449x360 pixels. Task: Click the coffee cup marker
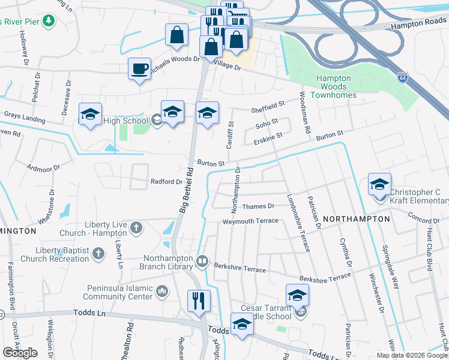coord(139,68)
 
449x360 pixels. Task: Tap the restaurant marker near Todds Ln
coord(199,300)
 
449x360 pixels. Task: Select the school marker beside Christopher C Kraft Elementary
coord(379,184)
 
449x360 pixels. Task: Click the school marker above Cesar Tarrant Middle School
coord(297,295)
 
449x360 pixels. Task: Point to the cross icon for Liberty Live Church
coord(137,227)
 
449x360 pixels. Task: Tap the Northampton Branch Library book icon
coord(203,262)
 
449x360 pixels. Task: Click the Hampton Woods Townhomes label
coord(336,86)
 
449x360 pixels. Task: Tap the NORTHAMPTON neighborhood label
coord(357,220)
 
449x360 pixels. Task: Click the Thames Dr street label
coord(258,206)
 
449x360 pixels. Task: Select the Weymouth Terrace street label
coord(250,221)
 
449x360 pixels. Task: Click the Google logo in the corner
coord(20,353)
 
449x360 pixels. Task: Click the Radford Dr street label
coord(166,182)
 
